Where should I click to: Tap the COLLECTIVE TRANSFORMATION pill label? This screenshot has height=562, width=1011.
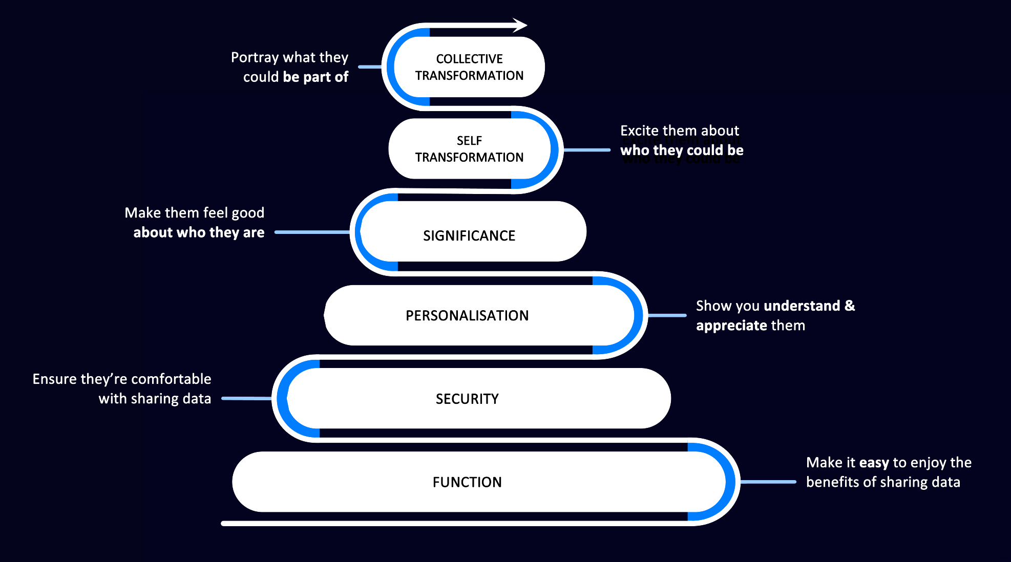coord(469,67)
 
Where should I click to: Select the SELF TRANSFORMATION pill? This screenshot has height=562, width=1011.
coord(469,149)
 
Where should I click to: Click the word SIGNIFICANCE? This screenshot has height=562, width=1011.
coord(469,235)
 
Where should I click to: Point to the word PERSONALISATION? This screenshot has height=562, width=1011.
coord(467,315)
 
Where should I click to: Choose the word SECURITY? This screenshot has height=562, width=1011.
coord(467,399)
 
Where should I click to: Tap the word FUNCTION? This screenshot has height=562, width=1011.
coord(467,482)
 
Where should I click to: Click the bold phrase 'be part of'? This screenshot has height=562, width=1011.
coord(315,77)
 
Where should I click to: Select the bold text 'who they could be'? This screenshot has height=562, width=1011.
coord(682,150)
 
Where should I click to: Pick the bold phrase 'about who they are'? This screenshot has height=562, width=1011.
coord(199,232)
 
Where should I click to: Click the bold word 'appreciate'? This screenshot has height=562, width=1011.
coord(731,326)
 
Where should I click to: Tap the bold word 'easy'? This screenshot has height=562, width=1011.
coord(874,463)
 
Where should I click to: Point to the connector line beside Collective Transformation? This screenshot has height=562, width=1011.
coord(370,67)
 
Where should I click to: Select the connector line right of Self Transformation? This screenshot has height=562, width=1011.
coord(587,150)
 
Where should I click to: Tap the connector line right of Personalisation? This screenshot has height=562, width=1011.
coord(667,315)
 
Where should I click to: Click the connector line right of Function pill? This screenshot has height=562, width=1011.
coord(768,482)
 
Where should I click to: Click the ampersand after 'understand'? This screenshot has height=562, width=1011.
coord(850,306)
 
